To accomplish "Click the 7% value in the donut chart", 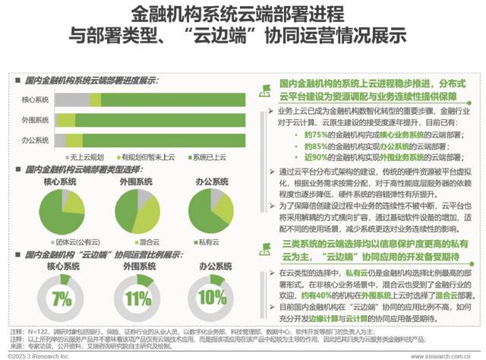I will pyautogui.click(x=63, y=296).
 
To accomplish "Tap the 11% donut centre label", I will pyautogui.click(x=139, y=296).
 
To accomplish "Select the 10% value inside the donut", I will pyautogui.click(x=212, y=296).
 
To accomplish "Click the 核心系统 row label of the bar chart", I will pyautogui.click(x=36, y=100).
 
